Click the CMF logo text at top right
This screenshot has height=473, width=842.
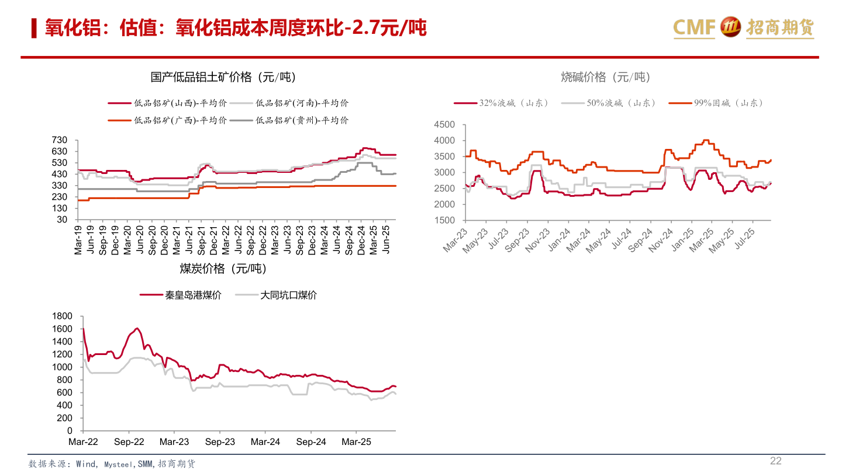coord(695,27)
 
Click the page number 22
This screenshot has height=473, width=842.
coord(775,461)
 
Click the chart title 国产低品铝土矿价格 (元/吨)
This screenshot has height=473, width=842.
coord(223,77)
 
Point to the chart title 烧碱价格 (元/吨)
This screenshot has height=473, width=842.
coord(605,77)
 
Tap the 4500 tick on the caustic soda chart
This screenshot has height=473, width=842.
coord(444,124)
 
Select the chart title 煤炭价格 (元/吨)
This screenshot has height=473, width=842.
coord(223,269)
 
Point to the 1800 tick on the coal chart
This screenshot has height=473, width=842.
coord(62,316)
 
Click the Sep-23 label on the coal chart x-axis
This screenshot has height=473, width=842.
coord(220,442)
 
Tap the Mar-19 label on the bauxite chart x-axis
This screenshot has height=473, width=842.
coord(78,238)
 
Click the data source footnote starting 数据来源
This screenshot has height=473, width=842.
coord(112,464)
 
